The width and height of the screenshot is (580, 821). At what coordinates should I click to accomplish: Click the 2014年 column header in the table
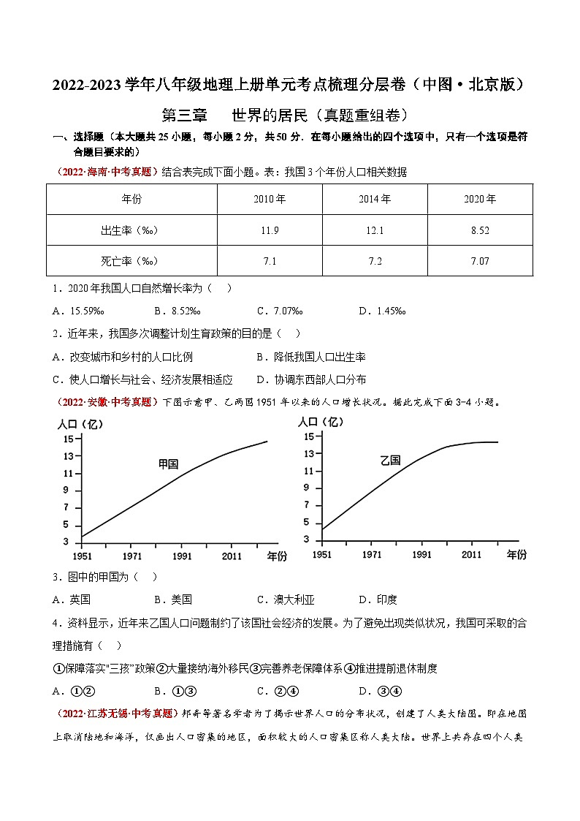pos(374,199)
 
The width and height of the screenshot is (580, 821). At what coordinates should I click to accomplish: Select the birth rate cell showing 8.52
pos(480,230)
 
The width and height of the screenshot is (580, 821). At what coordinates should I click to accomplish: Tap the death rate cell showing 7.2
pos(374,261)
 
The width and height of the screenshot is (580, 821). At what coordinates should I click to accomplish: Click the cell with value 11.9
pos(270,230)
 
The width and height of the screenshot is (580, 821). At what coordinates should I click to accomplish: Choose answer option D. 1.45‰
pos(382,311)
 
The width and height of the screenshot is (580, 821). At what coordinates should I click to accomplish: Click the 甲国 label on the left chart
pos(169,464)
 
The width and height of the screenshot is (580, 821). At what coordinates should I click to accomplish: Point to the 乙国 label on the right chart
pos(390,460)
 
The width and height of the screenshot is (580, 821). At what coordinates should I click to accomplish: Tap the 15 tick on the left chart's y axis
pos(68,439)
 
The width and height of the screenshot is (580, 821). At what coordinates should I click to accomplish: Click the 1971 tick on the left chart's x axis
pos(132,556)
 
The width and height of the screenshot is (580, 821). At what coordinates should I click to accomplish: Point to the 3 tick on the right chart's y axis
pos(308,540)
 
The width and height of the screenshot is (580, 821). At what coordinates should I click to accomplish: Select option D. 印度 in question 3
pos(378,599)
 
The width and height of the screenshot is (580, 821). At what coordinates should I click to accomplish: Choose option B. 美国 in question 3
pos(173,599)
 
